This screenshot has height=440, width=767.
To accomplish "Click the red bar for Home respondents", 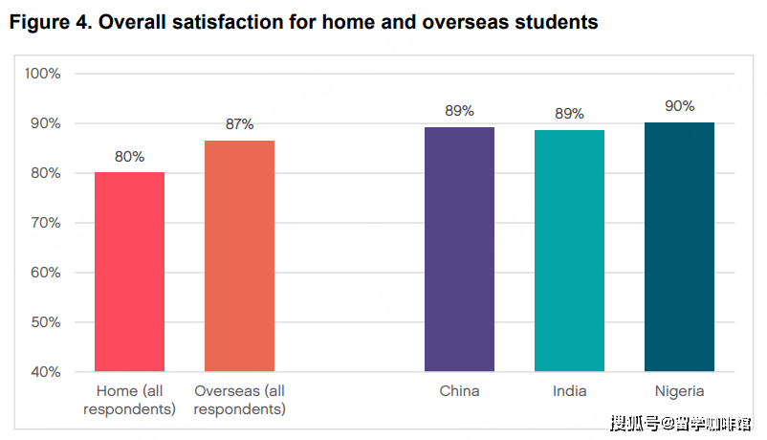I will (130, 272).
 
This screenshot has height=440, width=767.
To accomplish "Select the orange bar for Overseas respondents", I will (239, 256).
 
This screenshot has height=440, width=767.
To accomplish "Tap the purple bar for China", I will (459, 249).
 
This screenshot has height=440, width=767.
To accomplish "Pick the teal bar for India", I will (569, 251).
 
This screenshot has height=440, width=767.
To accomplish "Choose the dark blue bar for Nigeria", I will (679, 247).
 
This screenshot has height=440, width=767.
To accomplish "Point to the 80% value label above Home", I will (130, 157).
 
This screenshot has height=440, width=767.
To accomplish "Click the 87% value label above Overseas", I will (239, 124).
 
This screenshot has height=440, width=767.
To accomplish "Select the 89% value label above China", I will (459, 111).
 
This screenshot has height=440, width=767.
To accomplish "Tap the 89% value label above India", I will (569, 114).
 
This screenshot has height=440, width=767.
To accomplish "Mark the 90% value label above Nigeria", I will (679, 106).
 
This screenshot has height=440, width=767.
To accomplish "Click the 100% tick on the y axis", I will (43, 74).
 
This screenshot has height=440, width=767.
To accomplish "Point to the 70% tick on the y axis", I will (44, 223).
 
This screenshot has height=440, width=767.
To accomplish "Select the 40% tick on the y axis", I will (44, 371).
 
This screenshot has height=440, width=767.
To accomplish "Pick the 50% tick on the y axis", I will (44, 322).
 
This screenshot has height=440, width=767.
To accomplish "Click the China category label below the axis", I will (459, 391).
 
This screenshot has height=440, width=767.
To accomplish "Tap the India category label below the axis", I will (569, 391).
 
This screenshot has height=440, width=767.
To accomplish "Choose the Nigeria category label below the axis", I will (679, 391).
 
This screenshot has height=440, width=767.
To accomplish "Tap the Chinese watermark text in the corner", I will (680, 422).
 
